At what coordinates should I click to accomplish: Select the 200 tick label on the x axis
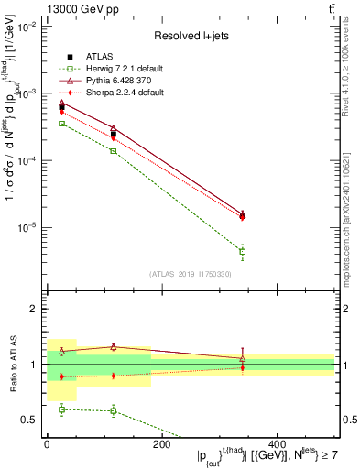[161, 444]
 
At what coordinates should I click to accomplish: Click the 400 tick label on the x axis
[277, 444]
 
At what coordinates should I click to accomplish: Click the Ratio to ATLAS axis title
[12, 365]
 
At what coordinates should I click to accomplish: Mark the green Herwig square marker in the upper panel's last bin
[242, 251]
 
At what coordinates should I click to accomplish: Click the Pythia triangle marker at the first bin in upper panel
[61, 103]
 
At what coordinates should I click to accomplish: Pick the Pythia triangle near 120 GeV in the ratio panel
[114, 347]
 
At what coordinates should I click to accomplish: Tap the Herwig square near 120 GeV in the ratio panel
[114, 410]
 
